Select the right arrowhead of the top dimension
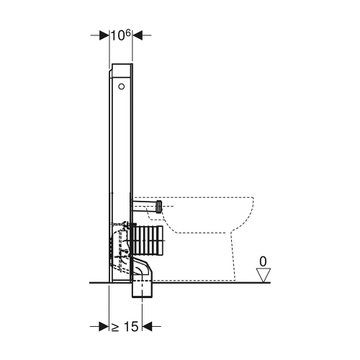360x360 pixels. click(x=137, y=35)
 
